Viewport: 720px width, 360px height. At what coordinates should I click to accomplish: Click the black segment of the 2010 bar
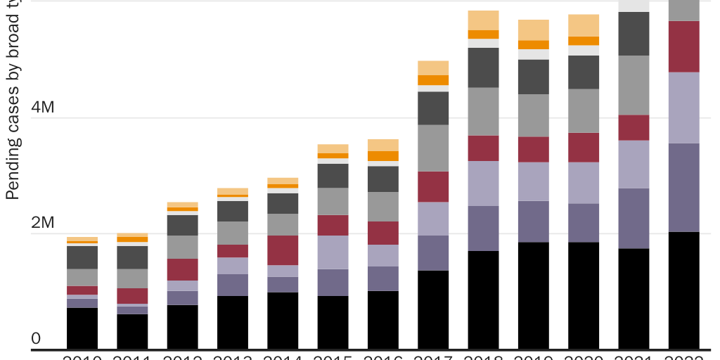pyautogui.click(x=82, y=328)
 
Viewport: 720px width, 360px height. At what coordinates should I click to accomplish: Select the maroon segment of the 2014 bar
pyautogui.click(x=283, y=250)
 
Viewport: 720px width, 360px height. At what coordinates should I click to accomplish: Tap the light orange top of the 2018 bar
pyautogui.click(x=483, y=20)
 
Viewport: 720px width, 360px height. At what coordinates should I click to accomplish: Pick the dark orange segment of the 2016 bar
pyautogui.click(x=383, y=156)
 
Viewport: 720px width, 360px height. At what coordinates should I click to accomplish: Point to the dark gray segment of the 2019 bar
pyautogui.click(x=533, y=77)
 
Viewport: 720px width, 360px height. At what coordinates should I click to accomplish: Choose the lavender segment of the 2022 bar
pyautogui.click(x=683, y=108)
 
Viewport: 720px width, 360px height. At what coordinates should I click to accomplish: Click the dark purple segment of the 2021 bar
pyautogui.click(x=634, y=218)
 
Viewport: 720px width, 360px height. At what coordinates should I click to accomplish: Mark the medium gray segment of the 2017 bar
pyautogui.click(x=433, y=148)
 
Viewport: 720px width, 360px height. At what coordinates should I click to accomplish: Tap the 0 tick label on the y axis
pyautogui.click(x=36, y=340)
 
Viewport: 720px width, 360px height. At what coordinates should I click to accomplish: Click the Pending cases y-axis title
pyautogui.click(x=12, y=105)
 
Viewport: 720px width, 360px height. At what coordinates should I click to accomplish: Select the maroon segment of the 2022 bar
pyautogui.click(x=683, y=46)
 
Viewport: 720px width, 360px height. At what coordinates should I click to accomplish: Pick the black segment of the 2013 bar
pyautogui.click(x=233, y=322)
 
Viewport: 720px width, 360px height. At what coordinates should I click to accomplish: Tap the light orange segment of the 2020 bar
pyautogui.click(x=584, y=25)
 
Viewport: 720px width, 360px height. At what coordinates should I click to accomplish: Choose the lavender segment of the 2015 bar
pyautogui.click(x=333, y=252)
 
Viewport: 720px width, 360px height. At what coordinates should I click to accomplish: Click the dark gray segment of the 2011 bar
pyautogui.click(x=132, y=257)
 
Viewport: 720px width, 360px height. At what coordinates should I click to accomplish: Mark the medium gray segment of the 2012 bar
pyautogui.click(x=182, y=247)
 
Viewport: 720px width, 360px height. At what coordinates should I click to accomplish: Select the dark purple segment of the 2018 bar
pyautogui.click(x=483, y=229)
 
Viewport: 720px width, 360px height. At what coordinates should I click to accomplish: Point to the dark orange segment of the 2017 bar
pyautogui.click(x=433, y=80)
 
